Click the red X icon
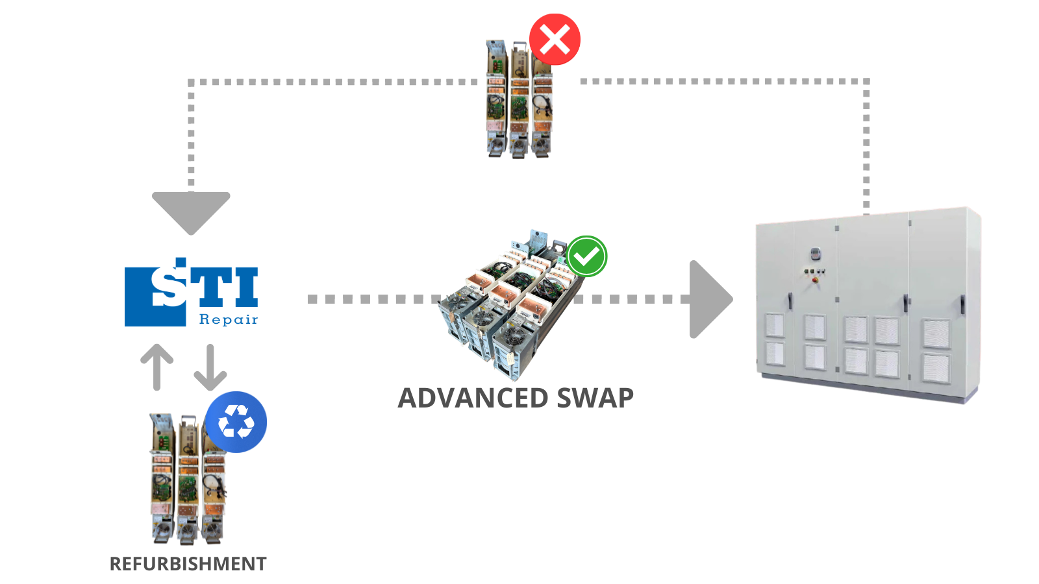(555, 40)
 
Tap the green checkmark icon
(586, 256)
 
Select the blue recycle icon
(236, 422)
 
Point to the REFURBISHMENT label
(188, 564)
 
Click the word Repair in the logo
(228, 319)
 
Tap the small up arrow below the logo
(157, 367)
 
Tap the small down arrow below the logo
(210, 367)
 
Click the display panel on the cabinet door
(815, 253)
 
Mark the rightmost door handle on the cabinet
(963, 304)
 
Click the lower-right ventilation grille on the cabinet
(936, 369)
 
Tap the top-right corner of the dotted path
(866, 82)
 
